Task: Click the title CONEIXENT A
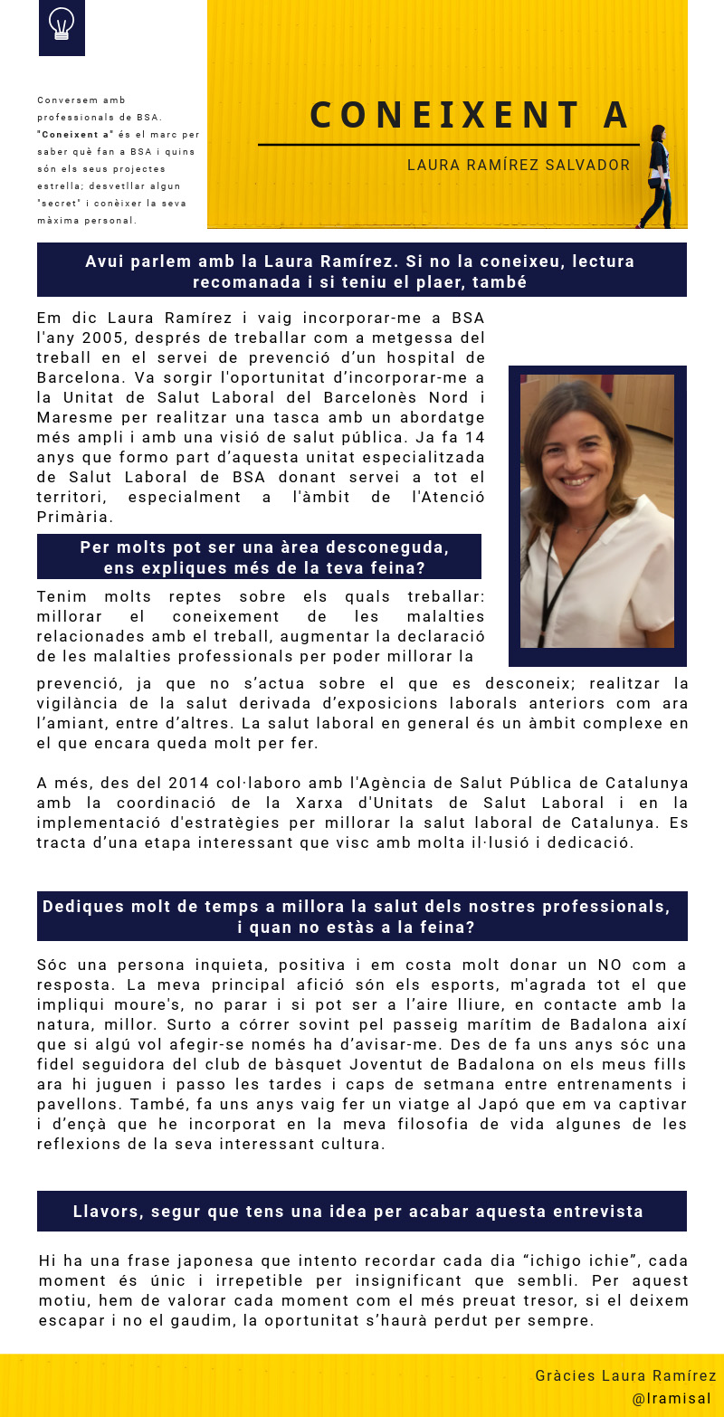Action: [469, 115]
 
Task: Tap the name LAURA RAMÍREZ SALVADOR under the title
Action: [519, 165]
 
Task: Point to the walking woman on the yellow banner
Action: [656, 177]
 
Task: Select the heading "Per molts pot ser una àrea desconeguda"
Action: [264, 548]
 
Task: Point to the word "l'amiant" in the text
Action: [67, 723]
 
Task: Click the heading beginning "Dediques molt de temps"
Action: [357, 907]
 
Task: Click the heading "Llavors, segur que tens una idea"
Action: [358, 1212]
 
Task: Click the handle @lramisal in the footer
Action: [672, 1398]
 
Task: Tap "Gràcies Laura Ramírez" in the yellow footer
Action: [625, 1375]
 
